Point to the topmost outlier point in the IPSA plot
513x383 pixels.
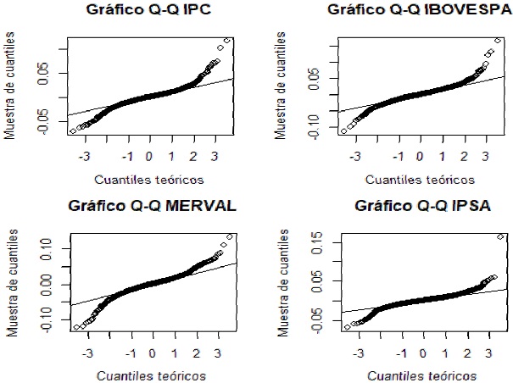coord(501,236)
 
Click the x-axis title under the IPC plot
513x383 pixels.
coord(149,180)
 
